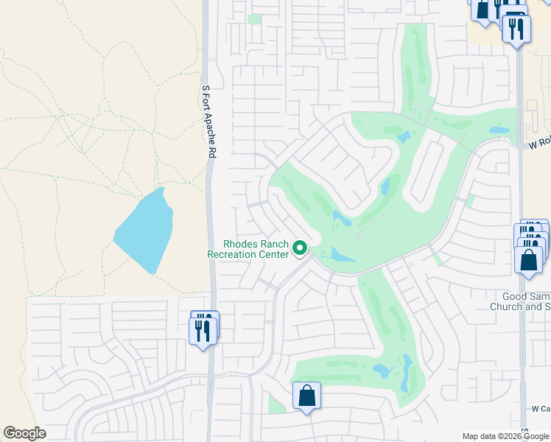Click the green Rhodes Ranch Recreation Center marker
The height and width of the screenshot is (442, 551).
[300, 249]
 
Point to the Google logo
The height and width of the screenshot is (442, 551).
[24, 433]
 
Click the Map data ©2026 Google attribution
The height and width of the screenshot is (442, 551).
[505, 435]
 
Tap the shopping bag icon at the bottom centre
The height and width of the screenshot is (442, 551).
[307, 396]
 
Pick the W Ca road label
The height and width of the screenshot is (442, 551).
[541, 408]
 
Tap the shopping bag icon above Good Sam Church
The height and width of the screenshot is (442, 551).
[529, 260]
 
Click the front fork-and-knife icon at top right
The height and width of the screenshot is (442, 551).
[516, 29]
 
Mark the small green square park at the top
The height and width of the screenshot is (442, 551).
[254, 19]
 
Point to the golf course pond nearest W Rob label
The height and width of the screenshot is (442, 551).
[499, 130]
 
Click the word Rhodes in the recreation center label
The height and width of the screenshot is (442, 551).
[240, 245]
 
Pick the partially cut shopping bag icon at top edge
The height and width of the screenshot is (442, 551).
[482, 9]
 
